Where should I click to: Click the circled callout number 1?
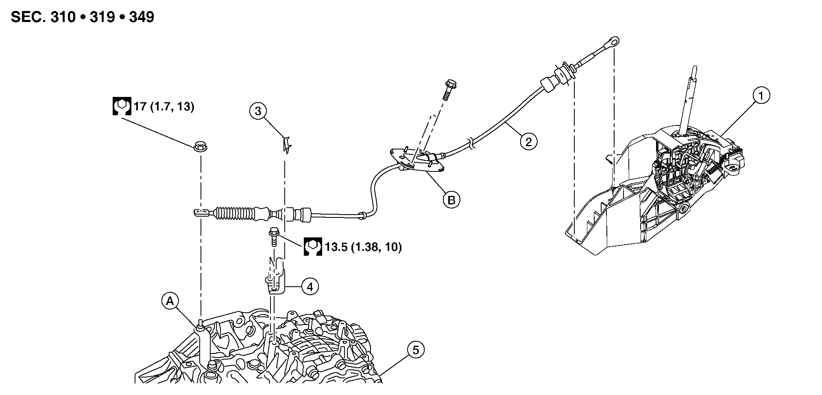761,96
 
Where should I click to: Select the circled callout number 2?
528,142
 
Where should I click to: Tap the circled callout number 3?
258,111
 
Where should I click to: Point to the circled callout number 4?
310,287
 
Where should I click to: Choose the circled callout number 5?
415,350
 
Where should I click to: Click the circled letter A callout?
170,301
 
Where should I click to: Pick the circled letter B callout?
451,200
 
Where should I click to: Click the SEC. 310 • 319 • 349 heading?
83,17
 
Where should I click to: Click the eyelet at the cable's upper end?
613,41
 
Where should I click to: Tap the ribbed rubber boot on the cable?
234,214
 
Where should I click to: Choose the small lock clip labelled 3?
287,145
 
